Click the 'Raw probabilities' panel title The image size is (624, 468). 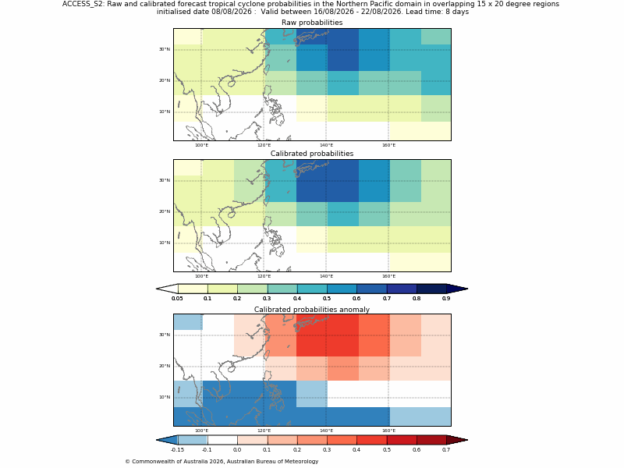click(x=312, y=23)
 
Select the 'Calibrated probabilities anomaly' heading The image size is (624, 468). click(x=312, y=310)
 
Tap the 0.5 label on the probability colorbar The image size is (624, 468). click(x=327, y=299)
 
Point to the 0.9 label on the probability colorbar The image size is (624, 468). click(x=446, y=299)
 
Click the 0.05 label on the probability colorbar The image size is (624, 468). click(x=177, y=299)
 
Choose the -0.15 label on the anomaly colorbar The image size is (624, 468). click(x=177, y=450)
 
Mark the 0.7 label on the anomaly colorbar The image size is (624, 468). click(x=446, y=450)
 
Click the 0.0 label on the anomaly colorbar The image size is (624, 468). click(x=237, y=450)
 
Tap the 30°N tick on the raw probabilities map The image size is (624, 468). click(x=165, y=49)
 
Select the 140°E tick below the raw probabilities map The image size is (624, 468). click(x=326, y=145)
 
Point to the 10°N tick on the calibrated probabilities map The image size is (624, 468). click(x=165, y=243)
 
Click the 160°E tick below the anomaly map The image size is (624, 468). click(x=388, y=431)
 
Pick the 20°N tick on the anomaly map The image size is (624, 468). click(x=165, y=366)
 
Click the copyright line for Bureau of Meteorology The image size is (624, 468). click(x=222, y=462)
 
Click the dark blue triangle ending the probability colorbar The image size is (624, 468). click(x=457, y=289)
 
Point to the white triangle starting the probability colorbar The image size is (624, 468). click(x=167, y=289)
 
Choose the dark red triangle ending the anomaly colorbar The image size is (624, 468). click(x=457, y=440)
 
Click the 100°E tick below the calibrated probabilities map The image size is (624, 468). click(x=202, y=276)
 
